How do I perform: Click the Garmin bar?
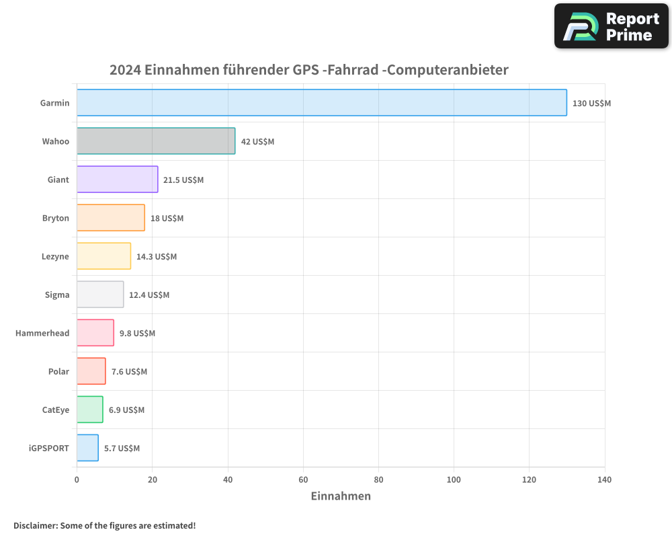(x=321, y=103)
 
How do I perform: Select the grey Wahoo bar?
(x=156, y=141)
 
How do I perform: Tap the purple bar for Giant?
(x=117, y=180)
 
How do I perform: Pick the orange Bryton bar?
(x=110, y=218)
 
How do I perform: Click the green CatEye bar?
(x=89, y=410)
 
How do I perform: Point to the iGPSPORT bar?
(x=87, y=448)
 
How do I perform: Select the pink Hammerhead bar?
(x=95, y=333)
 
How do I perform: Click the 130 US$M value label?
(x=591, y=104)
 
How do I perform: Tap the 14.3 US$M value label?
(x=157, y=257)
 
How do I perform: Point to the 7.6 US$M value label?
(x=129, y=372)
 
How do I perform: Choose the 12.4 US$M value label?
(x=149, y=295)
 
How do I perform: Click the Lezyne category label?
(x=55, y=256)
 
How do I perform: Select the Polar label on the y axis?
(x=58, y=371)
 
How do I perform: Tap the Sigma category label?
(x=56, y=295)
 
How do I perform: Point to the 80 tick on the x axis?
(x=378, y=479)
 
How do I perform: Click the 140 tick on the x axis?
(x=604, y=479)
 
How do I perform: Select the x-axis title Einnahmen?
(x=341, y=496)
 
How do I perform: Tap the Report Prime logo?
(x=612, y=26)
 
